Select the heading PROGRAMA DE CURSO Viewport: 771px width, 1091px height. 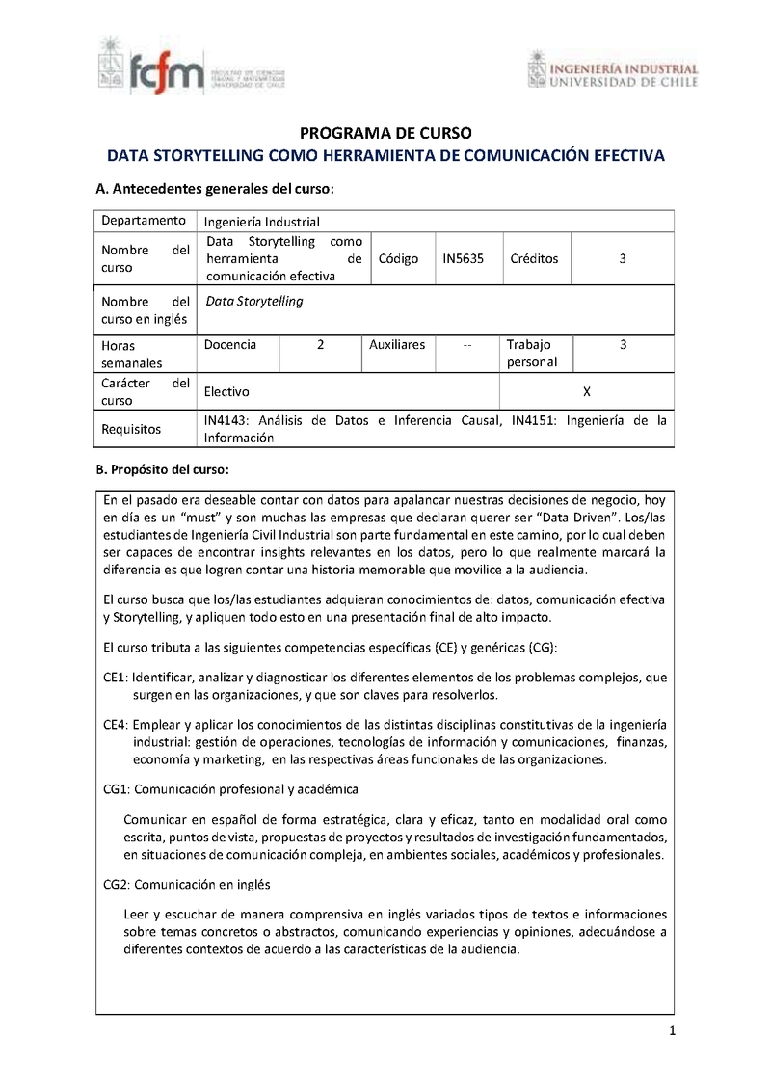pos(385,133)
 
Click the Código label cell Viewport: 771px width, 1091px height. pos(399,259)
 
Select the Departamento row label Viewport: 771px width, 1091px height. pos(144,221)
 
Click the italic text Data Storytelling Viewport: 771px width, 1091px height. pos(254,301)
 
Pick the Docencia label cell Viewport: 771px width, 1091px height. pos(230,344)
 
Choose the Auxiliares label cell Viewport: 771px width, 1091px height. pos(397,344)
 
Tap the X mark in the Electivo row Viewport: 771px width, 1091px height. pos(587,391)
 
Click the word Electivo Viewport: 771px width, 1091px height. pos(226,391)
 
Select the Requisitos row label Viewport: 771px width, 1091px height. pos(131,429)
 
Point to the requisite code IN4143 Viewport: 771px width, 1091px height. pos(227,420)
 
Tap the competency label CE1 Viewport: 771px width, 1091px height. pos(115,678)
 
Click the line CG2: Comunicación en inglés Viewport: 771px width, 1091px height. pos(186,884)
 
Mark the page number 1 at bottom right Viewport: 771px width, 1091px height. pos(672,1032)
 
